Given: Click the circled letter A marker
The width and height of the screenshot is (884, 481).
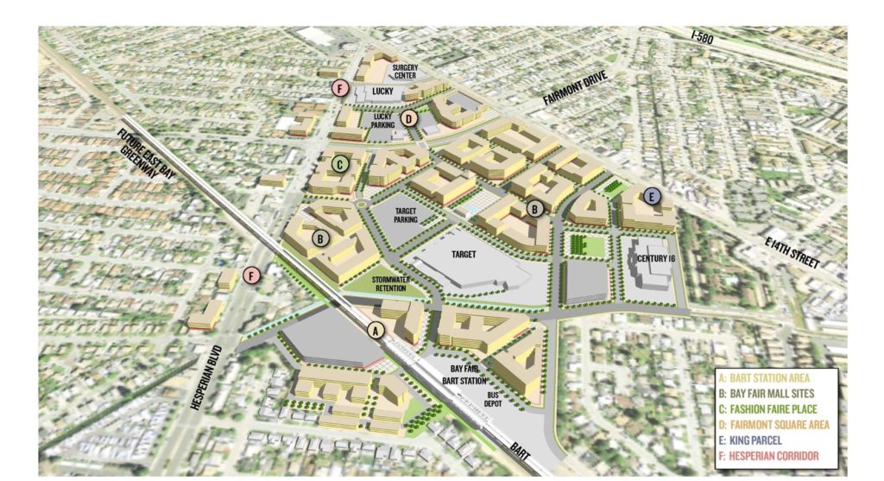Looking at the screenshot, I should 375,330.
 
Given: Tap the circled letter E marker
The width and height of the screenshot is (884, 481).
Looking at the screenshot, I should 653,197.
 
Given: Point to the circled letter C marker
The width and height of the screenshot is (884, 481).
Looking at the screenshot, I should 340,162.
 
